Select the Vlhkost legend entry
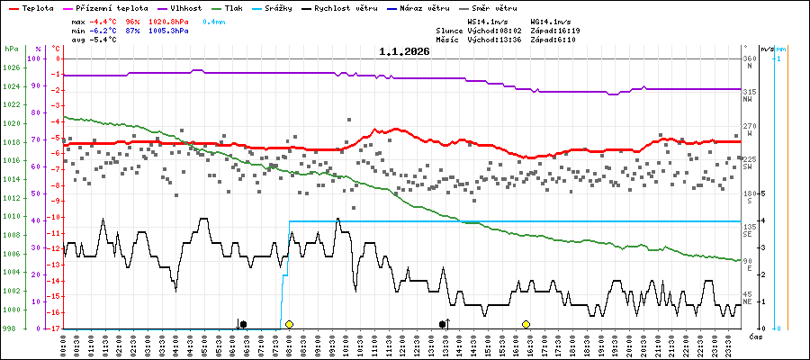click(x=181, y=7)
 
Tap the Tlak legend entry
click(x=232, y=7)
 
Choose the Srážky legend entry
click(x=277, y=7)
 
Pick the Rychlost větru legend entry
click(x=346, y=7)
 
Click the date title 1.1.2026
click(x=404, y=51)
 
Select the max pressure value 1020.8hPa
click(x=169, y=21)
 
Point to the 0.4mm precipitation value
click(x=213, y=21)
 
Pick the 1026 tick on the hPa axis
click(x=11, y=67)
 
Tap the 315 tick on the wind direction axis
click(x=749, y=92)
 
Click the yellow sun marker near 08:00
click(x=289, y=324)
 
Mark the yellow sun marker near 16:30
click(x=526, y=324)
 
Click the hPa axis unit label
click(x=11, y=49)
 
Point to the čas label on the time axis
click(x=756, y=336)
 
